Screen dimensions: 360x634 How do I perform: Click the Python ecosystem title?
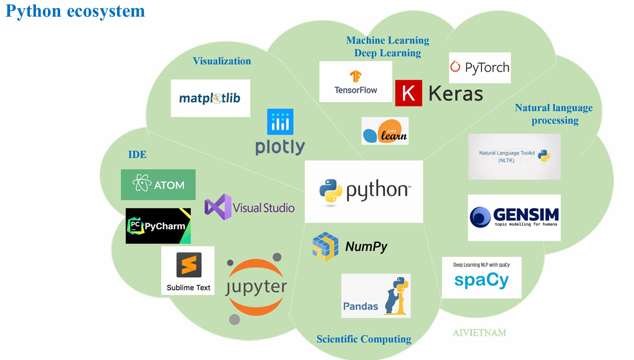click(x=75, y=11)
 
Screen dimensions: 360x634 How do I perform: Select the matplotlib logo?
click(x=210, y=98)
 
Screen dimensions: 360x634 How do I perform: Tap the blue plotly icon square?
click(x=280, y=122)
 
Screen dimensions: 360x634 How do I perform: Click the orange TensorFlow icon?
click(x=355, y=77)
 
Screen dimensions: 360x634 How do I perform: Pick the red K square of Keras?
click(x=408, y=93)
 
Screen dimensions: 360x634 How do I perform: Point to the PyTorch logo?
click(x=480, y=68)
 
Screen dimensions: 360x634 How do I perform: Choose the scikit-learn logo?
click(x=385, y=131)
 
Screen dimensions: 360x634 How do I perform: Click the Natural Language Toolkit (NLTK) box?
click(x=514, y=156)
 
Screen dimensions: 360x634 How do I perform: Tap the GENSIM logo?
click(x=514, y=217)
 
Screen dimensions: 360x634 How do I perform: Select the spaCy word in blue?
click(x=481, y=280)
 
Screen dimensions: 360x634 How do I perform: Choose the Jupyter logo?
click(x=256, y=288)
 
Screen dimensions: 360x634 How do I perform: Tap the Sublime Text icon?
click(x=188, y=265)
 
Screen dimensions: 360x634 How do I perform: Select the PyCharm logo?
click(x=158, y=226)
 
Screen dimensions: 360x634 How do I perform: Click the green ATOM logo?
click(x=158, y=185)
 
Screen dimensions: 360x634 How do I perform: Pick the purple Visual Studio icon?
click(x=217, y=207)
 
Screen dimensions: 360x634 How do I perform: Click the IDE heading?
click(x=137, y=155)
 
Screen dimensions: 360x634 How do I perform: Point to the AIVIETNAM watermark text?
click(x=479, y=333)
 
